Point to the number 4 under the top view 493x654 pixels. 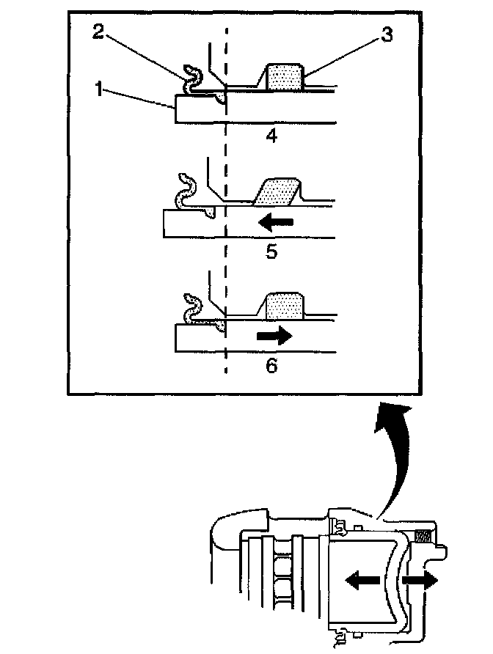[x=271, y=136]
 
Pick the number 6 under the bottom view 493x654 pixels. [x=271, y=364]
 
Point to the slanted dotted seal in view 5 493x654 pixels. [x=277, y=192]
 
